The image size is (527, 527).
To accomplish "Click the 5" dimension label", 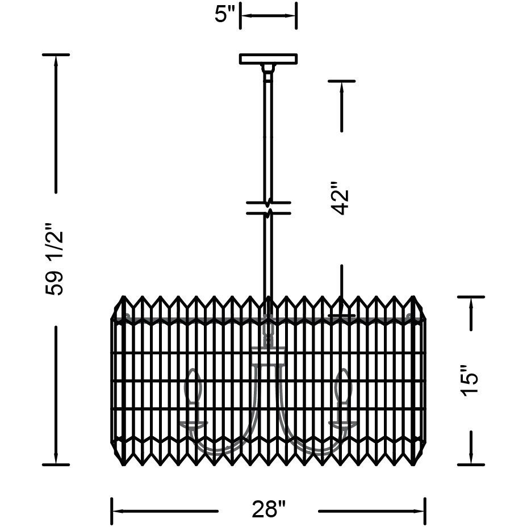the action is pos(224,15).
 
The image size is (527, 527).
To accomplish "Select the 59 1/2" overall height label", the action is pos(54,258).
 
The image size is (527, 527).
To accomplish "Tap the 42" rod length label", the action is pos(340,198).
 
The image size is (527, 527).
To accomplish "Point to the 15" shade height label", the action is pos(470,380).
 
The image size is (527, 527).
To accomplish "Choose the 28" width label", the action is pos(269,509).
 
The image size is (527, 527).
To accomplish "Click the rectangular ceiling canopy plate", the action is pos(268,58).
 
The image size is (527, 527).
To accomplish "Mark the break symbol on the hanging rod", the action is pos(268,208).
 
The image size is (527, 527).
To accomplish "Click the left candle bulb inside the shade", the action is pos(193,387).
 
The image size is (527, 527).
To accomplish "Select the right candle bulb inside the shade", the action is pos(343,387).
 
